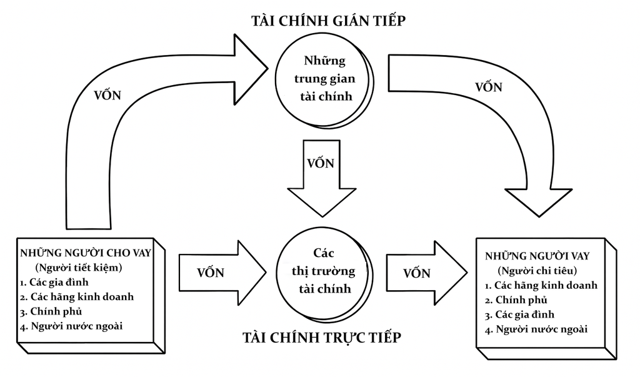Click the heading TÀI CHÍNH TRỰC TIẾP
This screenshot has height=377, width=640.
[321, 338]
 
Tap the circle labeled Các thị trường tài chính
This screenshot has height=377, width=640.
[323, 272]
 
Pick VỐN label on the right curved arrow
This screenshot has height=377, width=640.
[489, 87]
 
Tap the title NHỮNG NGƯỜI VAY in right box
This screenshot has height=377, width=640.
[537, 256]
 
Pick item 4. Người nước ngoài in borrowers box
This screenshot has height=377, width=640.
[536, 329]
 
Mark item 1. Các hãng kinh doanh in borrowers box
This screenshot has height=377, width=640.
[541, 285]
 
